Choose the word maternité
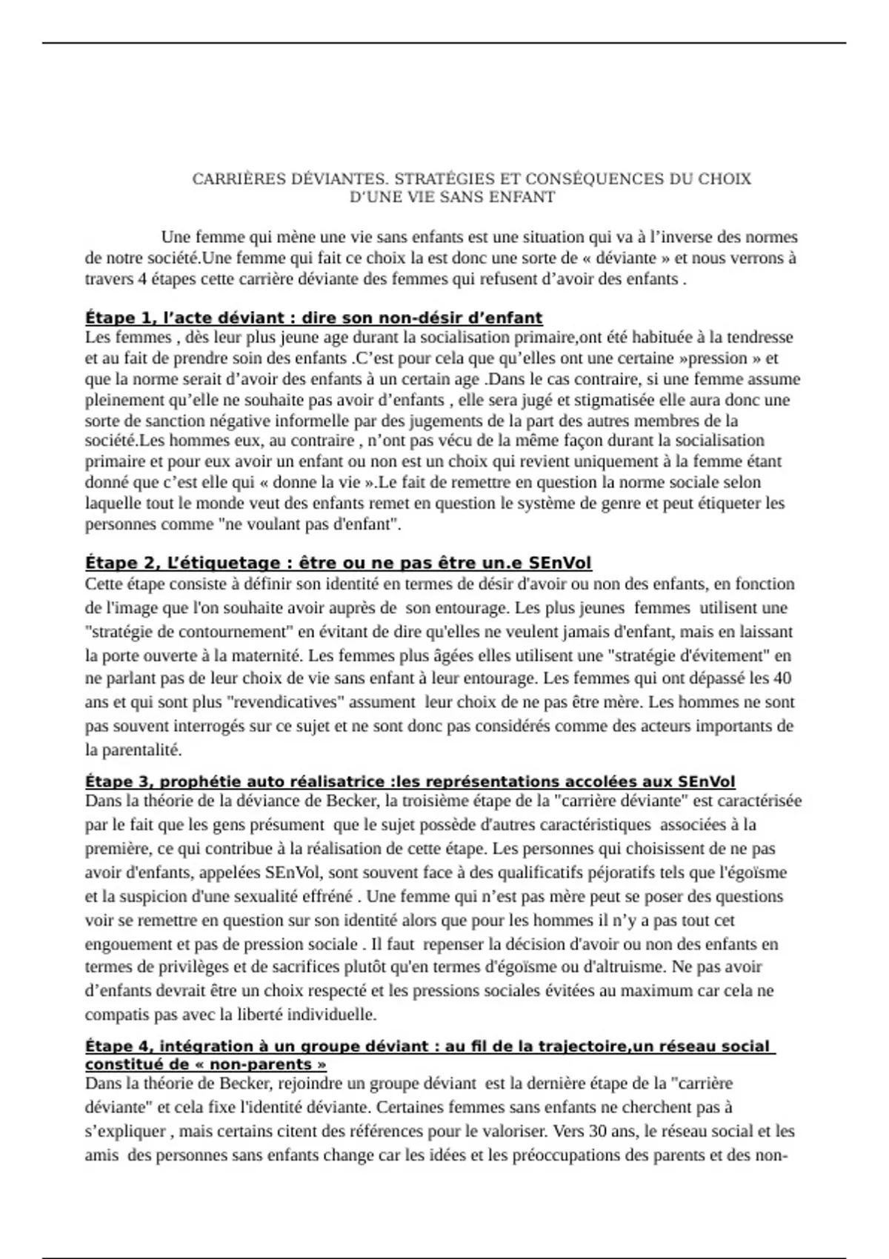pos(264,655)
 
